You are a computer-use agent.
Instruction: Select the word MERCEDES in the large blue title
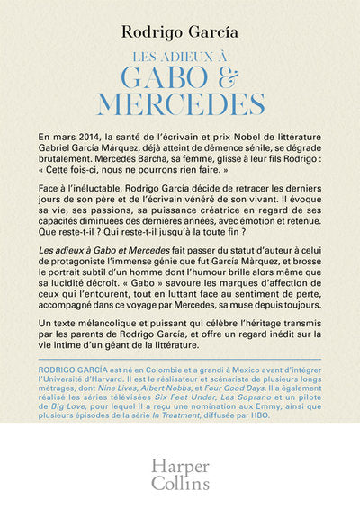click(x=180, y=103)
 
